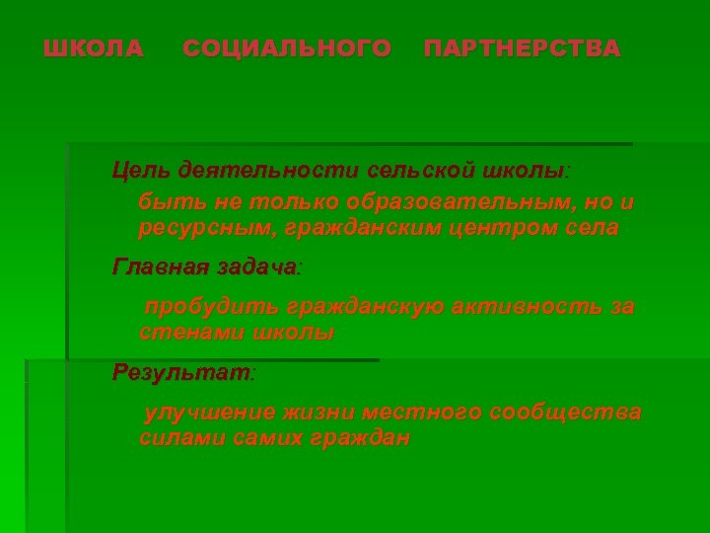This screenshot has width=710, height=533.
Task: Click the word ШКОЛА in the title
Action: (94, 48)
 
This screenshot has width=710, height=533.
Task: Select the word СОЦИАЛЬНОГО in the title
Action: (287, 48)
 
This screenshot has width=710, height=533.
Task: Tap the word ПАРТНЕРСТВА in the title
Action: (523, 48)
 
